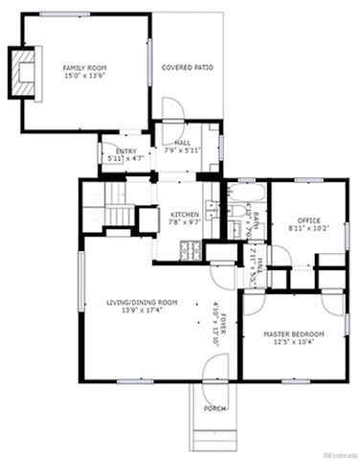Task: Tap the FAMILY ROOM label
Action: pyautogui.click(x=84, y=68)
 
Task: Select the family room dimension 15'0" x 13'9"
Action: pyautogui.click(x=84, y=77)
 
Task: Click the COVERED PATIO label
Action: pyautogui.click(x=188, y=68)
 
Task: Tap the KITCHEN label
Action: pyautogui.click(x=184, y=214)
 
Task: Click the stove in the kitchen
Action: pyautogui.click(x=190, y=251)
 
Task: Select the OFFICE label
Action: pyautogui.click(x=308, y=219)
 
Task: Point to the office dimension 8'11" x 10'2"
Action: pyautogui.click(x=308, y=228)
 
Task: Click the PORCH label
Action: pyautogui.click(x=214, y=408)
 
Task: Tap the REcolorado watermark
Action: pyautogui.click(x=339, y=454)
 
